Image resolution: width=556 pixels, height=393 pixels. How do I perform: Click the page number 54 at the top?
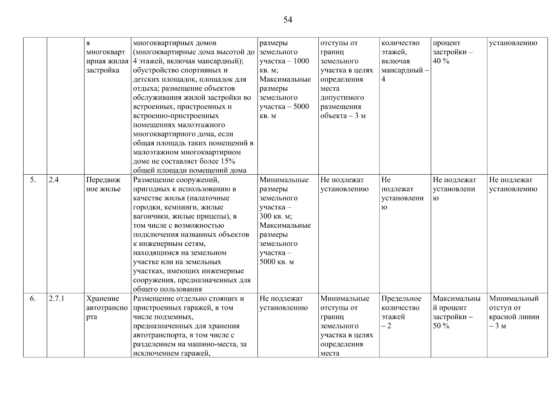[x=287, y=20]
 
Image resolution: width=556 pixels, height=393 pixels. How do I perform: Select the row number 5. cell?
[x=33, y=180]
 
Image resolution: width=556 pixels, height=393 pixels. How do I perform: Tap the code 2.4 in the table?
[x=54, y=180]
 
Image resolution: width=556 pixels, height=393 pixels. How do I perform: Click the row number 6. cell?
[x=33, y=299]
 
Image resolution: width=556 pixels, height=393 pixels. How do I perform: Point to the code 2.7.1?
[x=56, y=299]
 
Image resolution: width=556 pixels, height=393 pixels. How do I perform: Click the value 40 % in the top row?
[x=441, y=61]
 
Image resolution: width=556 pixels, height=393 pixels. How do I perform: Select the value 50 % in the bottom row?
[x=441, y=326]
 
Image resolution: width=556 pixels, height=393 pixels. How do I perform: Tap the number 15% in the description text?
[x=228, y=161]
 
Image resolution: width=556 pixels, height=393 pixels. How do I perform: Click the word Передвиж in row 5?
[x=103, y=180]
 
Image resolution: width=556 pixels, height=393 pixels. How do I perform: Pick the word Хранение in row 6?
[x=103, y=299]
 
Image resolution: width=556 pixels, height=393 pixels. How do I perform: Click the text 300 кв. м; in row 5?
[x=276, y=216]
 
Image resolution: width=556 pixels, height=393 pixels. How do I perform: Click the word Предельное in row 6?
[x=401, y=299]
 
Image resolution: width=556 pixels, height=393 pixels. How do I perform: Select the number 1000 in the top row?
[x=301, y=61]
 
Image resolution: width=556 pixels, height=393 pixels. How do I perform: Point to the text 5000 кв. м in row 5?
[x=277, y=262]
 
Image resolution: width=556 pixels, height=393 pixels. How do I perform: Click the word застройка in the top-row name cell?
[x=103, y=70]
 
